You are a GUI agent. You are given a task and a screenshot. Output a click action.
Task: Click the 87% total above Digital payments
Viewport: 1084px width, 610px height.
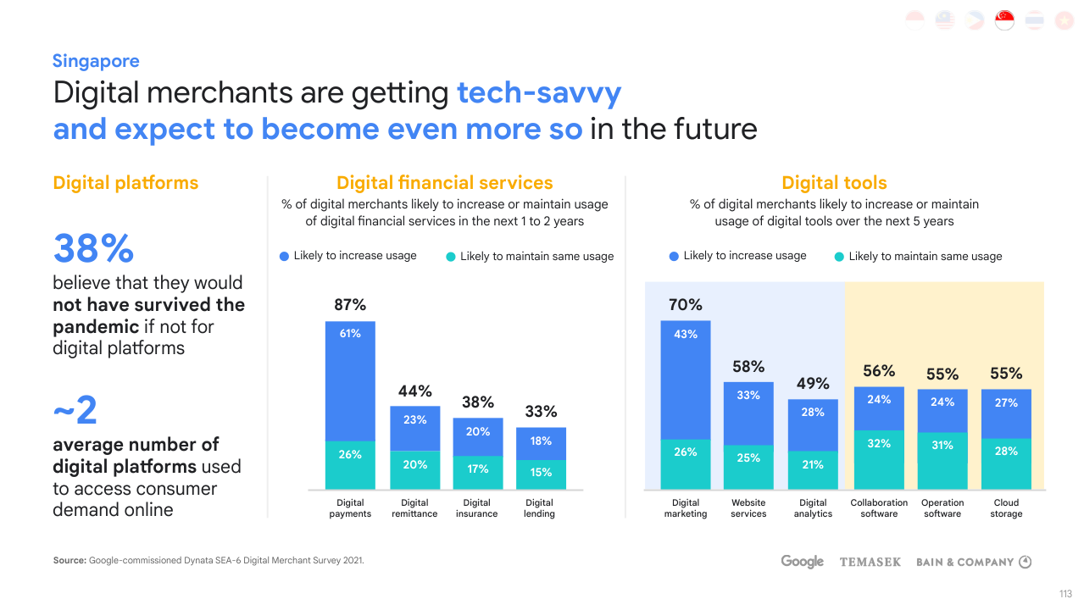pyautogui.click(x=350, y=305)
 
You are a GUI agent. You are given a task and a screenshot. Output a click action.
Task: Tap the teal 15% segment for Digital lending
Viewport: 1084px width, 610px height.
pyautogui.click(x=541, y=473)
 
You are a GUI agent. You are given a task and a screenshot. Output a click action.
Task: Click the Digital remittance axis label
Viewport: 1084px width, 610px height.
pyautogui.click(x=414, y=508)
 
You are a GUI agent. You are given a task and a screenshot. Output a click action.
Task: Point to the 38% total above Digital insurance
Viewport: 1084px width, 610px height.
pyautogui.click(x=478, y=402)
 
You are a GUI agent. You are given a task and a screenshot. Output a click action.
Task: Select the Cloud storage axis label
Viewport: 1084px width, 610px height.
pyautogui.click(x=1006, y=508)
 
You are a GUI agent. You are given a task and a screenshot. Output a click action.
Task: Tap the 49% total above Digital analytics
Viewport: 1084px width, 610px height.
pyautogui.click(x=813, y=384)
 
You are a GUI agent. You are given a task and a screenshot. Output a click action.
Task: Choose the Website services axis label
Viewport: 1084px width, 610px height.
pyautogui.click(x=748, y=508)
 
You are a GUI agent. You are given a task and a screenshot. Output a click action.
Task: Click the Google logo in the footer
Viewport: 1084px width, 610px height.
pyautogui.click(x=802, y=562)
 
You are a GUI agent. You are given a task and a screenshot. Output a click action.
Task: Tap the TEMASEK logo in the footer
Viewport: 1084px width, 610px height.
pyautogui.click(x=870, y=562)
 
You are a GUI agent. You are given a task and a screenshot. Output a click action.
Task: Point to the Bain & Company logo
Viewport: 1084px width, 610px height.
pyautogui.click(x=973, y=562)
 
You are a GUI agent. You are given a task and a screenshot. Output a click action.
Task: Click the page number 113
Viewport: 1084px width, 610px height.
pyautogui.click(x=1065, y=593)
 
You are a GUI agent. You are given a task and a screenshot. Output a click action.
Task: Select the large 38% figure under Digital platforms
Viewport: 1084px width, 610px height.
pyautogui.click(x=93, y=249)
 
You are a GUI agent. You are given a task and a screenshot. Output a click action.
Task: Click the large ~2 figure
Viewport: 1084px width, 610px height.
pyautogui.click(x=75, y=412)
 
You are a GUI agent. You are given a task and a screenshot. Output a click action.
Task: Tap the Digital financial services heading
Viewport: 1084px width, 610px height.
pyautogui.click(x=444, y=183)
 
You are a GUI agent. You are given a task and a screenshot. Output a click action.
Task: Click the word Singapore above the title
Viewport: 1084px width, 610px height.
pyautogui.click(x=96, y=61)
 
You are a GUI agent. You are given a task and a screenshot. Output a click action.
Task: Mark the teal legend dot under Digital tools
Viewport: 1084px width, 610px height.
pyautogui.click(x=839, y=257)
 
